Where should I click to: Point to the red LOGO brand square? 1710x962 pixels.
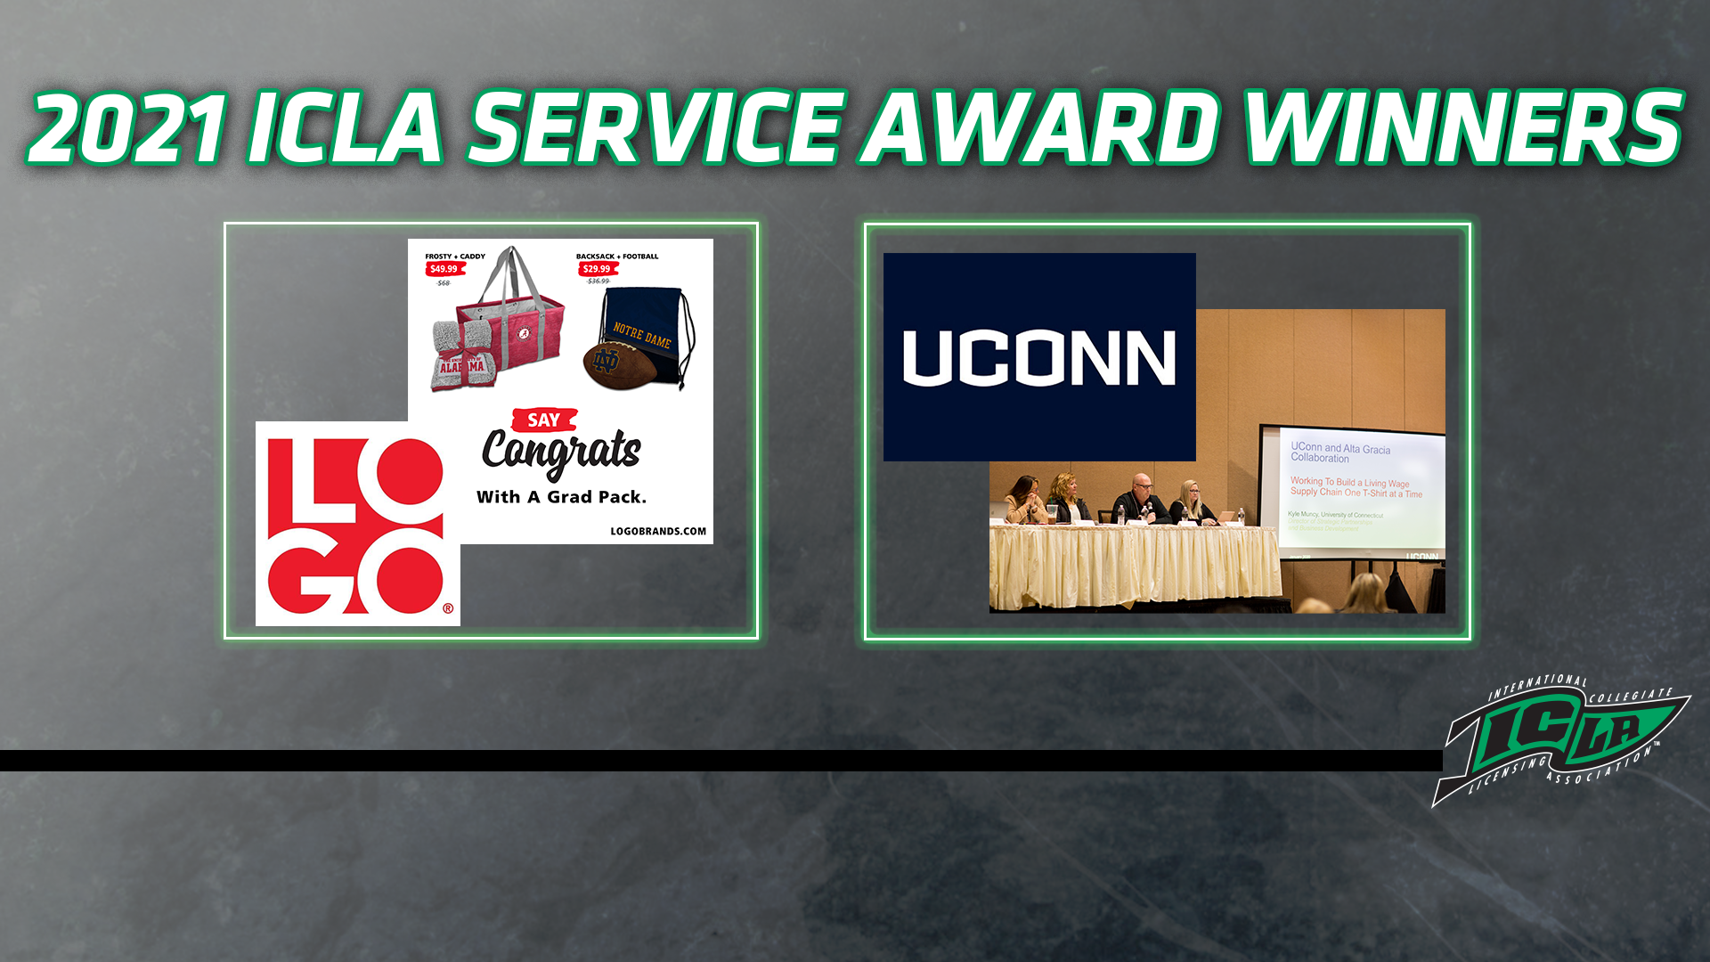tap(357, 524)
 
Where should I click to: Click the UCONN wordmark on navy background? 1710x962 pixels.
tap(1038, 357)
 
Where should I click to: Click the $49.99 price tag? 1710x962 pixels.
tap(444, 269)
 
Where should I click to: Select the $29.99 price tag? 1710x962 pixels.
tap(597, 269)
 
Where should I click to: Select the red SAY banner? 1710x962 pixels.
tap(544, 420)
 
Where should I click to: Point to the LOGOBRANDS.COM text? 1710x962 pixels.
tap(657, 531)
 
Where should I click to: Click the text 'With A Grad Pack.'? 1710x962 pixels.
tap(561, 497)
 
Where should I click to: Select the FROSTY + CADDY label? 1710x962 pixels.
tap(454, 257)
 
